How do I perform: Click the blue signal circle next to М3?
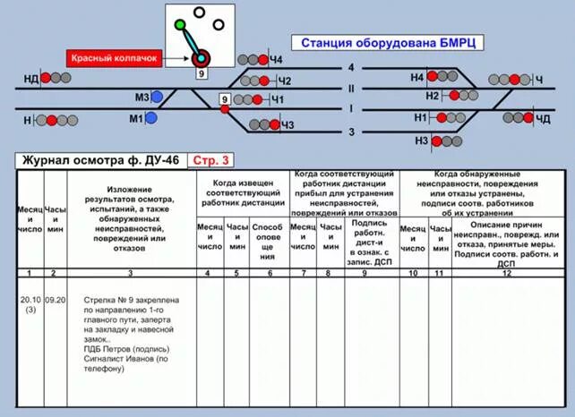click(x=158, y=97)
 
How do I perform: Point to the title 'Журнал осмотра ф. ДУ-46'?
click(x=100, y=160)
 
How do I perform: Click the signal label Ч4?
click(x=276, y=60)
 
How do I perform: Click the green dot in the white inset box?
click(x=180, y=24)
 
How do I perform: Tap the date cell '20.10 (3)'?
click(x=30, y=306)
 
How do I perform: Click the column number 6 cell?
click(x=267, y=272)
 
